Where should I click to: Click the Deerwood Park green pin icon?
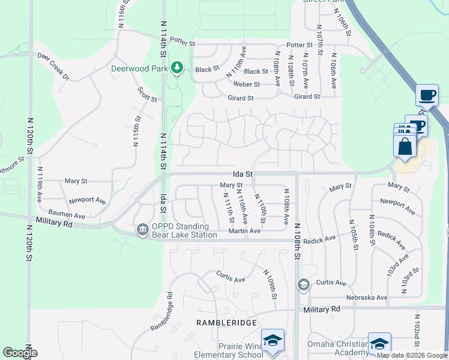click(177, 68)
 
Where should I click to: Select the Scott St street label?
click(147, 94)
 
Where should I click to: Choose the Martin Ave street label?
click(247, 231)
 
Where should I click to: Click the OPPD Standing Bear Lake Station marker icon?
click(142, 230)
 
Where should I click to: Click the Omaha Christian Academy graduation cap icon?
click(379, 344)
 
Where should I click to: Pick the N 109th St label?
click(270, 284)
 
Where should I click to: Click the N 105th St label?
click(352, 235)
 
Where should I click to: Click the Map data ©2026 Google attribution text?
click(412, 355)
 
